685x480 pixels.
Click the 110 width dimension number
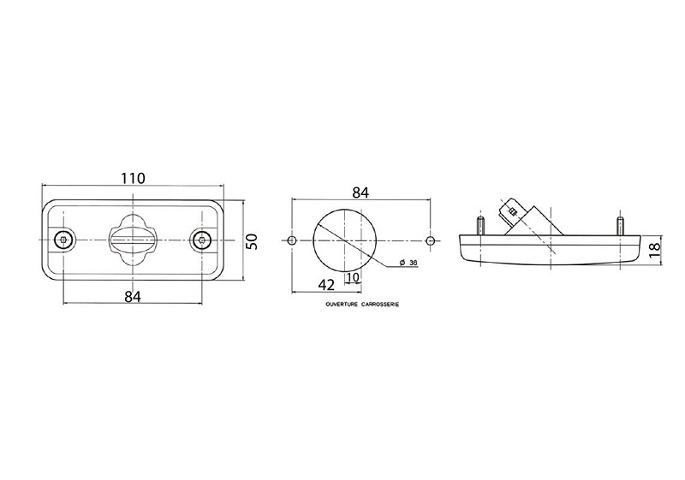coord(133,178)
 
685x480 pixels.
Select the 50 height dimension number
coord(252,241)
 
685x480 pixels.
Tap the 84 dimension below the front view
coord(133,297)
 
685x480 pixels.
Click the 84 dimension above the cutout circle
coord(360,193)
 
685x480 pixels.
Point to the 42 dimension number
coord(326,285)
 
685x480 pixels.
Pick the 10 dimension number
coord(353,277)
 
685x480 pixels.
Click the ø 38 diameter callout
coord(408,263)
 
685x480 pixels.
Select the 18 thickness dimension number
coord(654,250)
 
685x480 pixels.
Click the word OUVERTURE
coord(342,305)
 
